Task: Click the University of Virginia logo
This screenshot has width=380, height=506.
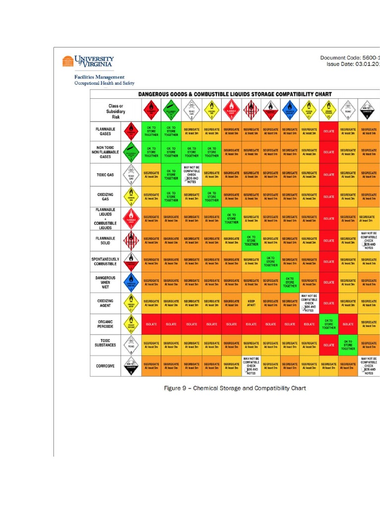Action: [x=88, y=61]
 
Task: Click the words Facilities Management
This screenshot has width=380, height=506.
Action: [x=99, y=77]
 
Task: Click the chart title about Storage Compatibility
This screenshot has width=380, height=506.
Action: [x=235, y=94]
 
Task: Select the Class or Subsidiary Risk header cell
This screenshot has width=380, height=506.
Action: [x=116, y=111]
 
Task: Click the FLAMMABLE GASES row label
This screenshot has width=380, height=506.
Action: [x=105, y=131]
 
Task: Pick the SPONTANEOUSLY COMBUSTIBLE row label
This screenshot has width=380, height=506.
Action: [x=105, y=261]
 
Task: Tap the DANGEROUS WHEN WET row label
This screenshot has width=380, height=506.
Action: [x=105, y=282]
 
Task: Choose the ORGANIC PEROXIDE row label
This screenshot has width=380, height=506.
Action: [x=105, y=324]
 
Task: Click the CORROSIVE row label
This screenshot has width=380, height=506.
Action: [x=105, y=366]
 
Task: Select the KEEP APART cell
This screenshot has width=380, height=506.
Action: [x=251, y=303]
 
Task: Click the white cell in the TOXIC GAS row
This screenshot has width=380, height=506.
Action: [x=191, y=174]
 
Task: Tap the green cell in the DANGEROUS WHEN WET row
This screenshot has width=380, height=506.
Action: [x=290, y=282]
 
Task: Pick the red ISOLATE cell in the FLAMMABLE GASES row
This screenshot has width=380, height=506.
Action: [x=329, y=131]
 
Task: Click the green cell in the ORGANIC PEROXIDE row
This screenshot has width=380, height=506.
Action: [x=329, y=324]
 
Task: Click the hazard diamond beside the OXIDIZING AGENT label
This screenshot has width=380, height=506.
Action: [x=131, y=303]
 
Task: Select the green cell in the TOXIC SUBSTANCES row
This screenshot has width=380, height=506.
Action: [x=348, y=345]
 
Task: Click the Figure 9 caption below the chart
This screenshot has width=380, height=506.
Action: [x=235, y=388]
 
